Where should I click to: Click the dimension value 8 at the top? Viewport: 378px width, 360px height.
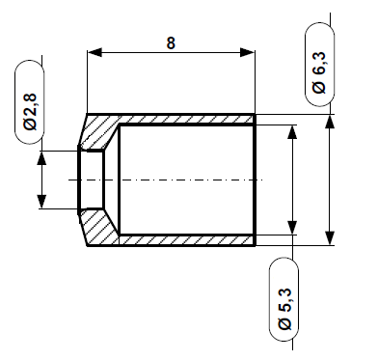(x=170, y=42)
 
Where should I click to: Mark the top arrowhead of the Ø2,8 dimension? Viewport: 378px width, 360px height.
(x=40, y=156)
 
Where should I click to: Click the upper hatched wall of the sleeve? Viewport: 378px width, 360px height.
(x=183, y=119)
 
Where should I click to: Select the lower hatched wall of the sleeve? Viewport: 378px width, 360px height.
(x=183, y=240)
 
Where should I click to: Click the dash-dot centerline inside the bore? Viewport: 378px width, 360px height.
(x=174, y=180)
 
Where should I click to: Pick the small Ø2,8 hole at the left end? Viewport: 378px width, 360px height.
(x=92, y=180)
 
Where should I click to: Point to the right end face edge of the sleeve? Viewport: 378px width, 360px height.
(x=256, y=180)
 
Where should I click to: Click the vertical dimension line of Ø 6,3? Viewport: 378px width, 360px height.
(x=330, y=180)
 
